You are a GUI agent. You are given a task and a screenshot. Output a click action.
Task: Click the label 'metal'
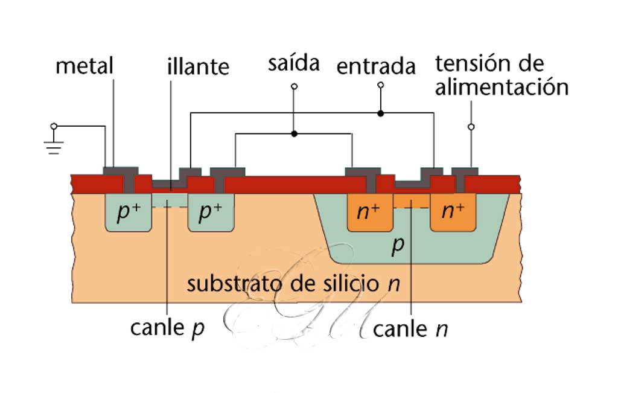84,66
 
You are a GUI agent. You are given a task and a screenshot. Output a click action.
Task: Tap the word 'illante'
198,66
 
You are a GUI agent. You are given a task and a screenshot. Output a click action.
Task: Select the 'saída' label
293,63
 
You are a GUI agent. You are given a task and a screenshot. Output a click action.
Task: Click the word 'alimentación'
502,88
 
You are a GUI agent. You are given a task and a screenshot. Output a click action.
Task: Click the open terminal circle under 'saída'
294,87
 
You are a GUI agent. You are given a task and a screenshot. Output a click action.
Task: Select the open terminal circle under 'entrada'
380,85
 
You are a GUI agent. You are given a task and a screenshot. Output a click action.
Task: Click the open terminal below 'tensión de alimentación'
471,127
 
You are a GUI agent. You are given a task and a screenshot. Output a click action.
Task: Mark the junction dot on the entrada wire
380,113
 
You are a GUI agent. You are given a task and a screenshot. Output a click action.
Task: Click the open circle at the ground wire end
54,126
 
